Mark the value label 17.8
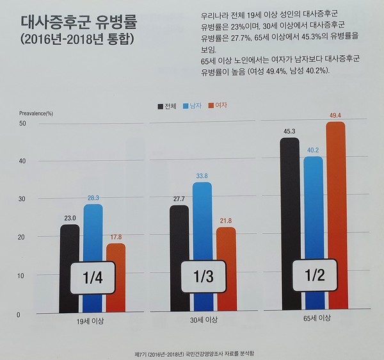116,237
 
